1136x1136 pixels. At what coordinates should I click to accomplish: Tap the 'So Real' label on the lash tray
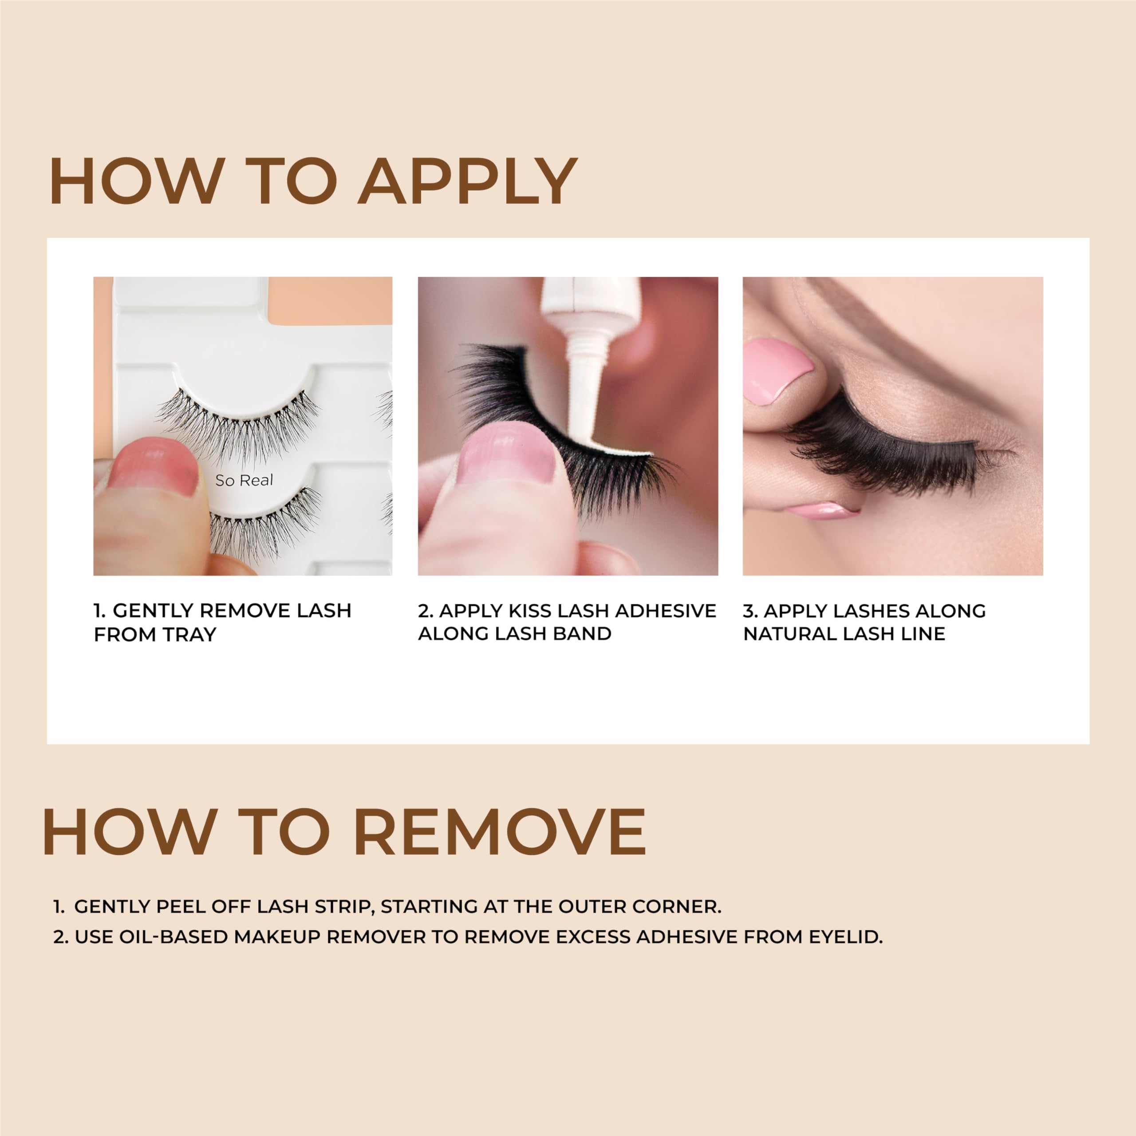click(x=244, y=481)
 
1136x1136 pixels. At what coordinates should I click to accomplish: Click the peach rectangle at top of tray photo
click(x=329, y=300)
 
